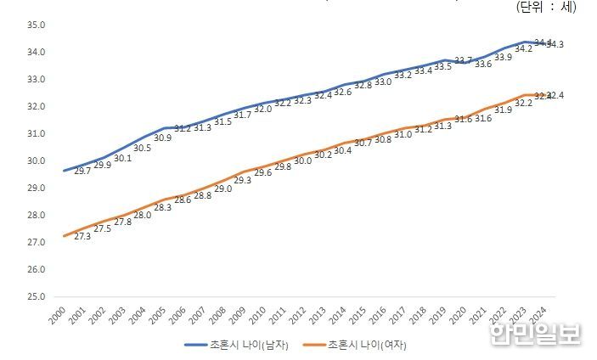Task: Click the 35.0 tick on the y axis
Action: (x=35, y=25)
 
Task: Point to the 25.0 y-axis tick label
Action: (x=35, y=297)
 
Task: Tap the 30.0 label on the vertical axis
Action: (x=35, y=161)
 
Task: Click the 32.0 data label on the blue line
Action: (x=262, y=110)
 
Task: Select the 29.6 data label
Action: (x=262, y=173)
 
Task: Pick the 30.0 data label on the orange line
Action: (x=302, y=160)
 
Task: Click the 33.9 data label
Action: (x=503, y=58)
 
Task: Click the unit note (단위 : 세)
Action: (x=546, y=7)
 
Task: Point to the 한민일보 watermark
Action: (x=535, y=334)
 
